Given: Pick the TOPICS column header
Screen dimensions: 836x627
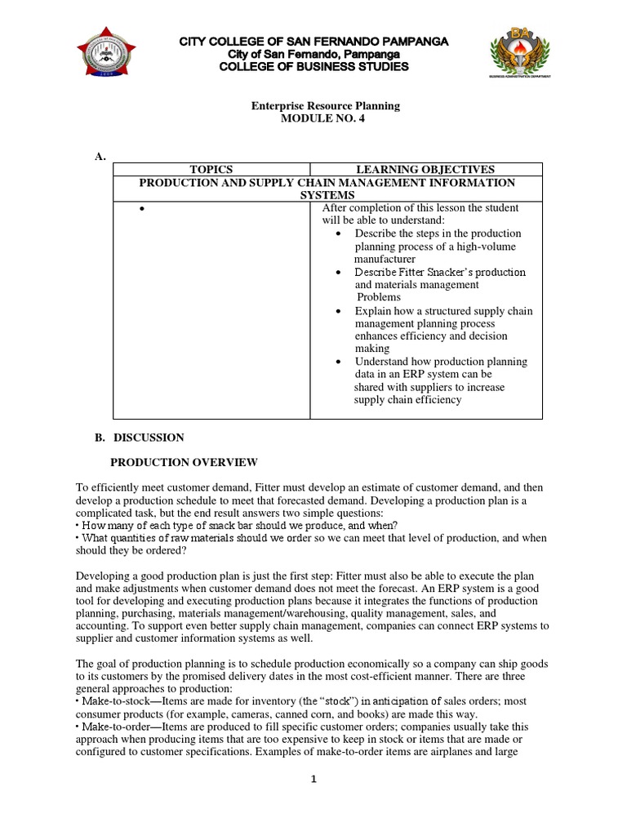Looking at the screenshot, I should point(211,169).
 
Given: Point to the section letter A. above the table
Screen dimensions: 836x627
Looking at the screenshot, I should point(100,157).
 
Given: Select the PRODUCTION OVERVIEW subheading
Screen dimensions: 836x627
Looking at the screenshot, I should point(184,462).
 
